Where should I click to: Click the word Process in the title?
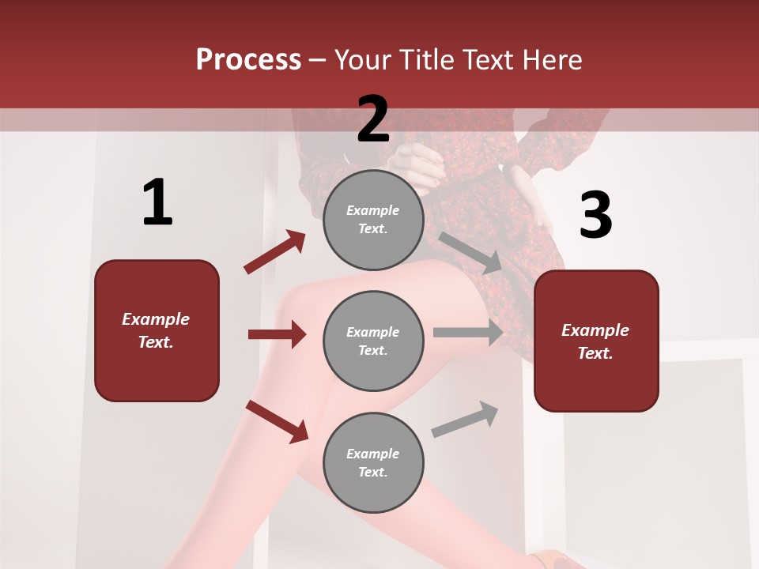(248, 59)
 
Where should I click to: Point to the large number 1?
(157, 202)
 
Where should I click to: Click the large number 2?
(373, 119)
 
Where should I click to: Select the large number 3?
(595, 216)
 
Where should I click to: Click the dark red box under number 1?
(157, 330)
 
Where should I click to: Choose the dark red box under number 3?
(596, 341)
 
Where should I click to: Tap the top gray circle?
(373, 220)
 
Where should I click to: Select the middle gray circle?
(373, 341)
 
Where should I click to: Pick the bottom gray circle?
(373, 462)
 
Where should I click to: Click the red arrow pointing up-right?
(275, 251)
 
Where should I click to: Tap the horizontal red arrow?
(277, 334)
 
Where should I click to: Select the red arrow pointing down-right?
(277, 421)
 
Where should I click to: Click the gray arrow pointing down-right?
(471, 252)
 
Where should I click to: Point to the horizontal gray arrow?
(468, 332)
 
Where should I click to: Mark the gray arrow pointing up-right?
(465, 419)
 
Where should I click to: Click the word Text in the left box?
(156, 342)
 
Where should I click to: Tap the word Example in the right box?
(595, 330)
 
